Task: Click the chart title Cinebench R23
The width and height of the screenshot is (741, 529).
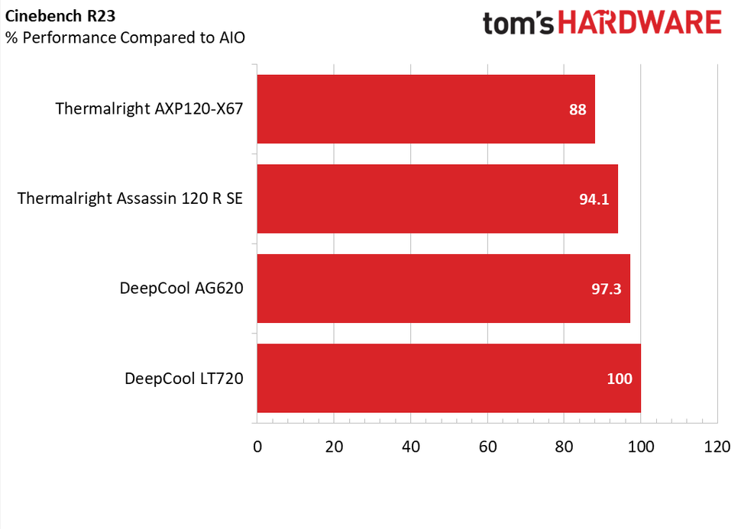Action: point(50,15)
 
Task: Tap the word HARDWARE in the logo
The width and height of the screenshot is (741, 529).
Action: point(640,24)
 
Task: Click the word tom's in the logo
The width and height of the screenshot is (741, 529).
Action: point(519,24)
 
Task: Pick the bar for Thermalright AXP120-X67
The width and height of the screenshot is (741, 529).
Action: point(426,109)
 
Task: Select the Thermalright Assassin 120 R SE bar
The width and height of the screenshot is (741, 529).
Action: point(437,198)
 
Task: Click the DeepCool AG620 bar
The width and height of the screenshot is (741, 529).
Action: point(443,289)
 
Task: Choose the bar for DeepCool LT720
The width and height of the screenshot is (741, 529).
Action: point(448,378)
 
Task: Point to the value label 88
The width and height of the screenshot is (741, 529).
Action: point(578,109)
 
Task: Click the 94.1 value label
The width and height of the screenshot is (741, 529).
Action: point(594,199)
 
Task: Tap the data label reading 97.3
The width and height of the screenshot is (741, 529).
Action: point(607,289)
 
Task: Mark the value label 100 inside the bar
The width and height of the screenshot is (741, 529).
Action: point(620,379)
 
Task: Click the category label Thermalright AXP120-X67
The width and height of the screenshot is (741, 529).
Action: point(149,109)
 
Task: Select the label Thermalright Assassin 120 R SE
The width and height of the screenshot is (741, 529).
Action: point(130,198)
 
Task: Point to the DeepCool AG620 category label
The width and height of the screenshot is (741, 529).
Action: point(181,289)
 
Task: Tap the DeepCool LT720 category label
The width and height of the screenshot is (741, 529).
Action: point(183,378)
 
